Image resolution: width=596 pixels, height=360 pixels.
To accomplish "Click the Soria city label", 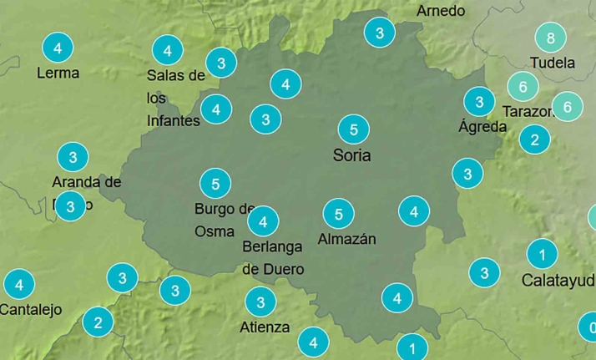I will coord(351,155).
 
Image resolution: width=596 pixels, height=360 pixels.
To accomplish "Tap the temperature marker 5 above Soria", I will coord(354,129).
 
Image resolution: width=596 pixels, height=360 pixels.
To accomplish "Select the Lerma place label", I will coord(58,73).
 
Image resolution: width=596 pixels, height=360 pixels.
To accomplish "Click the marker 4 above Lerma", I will coord(57,48).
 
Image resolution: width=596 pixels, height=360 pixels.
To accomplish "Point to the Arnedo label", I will coord(440,11).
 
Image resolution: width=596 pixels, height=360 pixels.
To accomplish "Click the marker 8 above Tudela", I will coord(550,38).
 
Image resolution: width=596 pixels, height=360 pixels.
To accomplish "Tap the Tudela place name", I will coord(552,63).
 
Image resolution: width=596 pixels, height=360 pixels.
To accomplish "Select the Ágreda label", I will coord(482,127).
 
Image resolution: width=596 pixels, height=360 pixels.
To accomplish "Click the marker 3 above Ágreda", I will coord(479,102).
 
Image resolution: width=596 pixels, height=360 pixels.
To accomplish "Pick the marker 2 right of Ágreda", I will coord(534,139).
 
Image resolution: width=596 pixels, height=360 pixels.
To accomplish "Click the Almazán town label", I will coord(346,239).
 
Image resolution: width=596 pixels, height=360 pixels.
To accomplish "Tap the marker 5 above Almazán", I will coord(338,215).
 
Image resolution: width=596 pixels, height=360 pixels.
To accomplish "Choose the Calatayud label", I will coord(558,280).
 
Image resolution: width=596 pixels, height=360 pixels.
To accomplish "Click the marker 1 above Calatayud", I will coord(542,254).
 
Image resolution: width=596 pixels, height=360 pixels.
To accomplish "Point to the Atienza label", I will coord(265,327).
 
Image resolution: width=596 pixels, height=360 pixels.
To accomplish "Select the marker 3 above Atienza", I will coord(260,302).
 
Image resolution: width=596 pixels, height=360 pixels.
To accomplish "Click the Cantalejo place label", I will coord(31,310).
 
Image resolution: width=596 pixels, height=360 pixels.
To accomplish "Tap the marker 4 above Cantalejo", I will coord(19,284).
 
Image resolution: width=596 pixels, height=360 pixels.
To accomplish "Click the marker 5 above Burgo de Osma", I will coord(215,183).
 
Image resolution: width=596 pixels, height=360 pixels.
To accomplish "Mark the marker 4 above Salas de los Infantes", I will coord(168,51).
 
